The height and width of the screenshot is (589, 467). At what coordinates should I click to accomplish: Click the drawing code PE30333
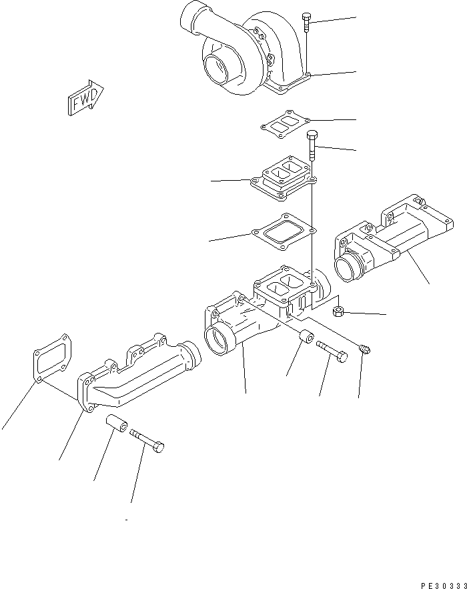tap(442, 584)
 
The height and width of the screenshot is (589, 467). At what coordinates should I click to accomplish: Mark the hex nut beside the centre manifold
tap(338, 310)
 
